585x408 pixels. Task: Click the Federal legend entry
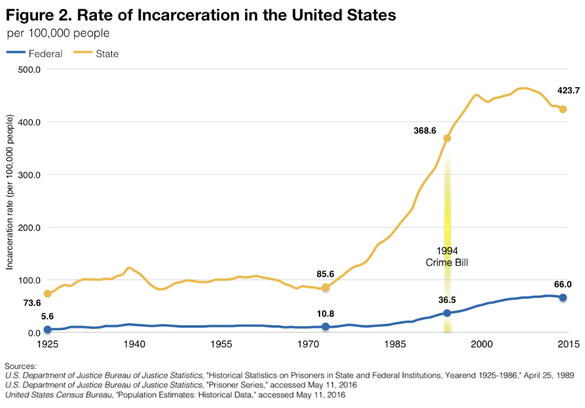click(45, 53)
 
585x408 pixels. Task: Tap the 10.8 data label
click(324, 314)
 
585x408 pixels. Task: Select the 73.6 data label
click(31, 302)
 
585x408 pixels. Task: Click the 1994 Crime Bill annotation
click(447, 256)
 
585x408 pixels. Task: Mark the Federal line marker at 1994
click(447, 313)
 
